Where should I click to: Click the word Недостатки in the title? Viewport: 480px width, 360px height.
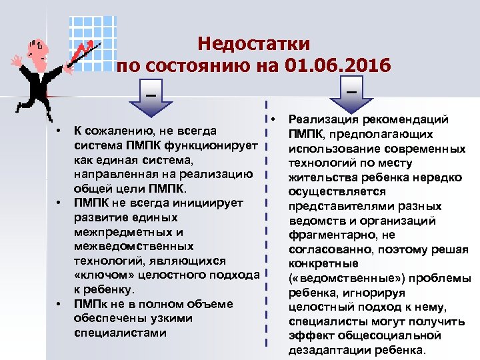[x=254, y=45]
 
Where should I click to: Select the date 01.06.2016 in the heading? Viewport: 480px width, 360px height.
[x=337, y=67]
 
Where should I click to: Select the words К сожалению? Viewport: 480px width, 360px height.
[x=109, y=129]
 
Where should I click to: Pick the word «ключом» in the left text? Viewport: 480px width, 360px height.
[x=99, y=275]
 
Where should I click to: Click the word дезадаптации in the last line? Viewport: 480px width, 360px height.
[x=327, y=351]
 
